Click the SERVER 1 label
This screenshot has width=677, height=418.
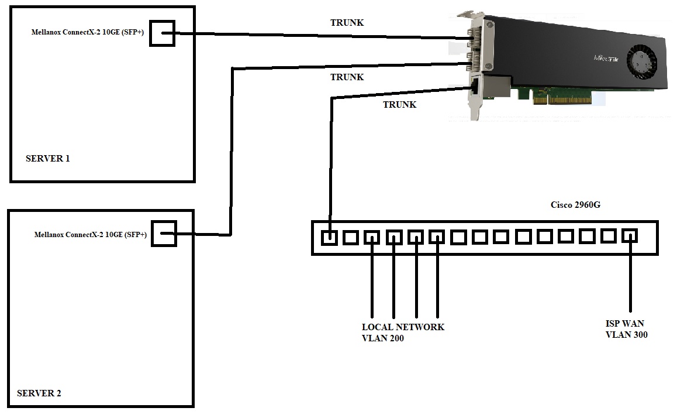pyautogui.click(x=48, y=158)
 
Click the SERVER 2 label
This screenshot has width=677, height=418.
pyautogui.click(x=39, y=393)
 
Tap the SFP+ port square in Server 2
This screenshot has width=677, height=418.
pyautogui.click(x=164, y=234)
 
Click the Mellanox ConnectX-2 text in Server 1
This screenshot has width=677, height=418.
pyautogui.click(x=88, y=33)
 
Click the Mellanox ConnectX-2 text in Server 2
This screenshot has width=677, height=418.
pyautogui.click(x=91, y=235)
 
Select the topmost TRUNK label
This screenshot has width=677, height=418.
pyautogui.click(x=347, y=23)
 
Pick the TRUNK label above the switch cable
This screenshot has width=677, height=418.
pyautogui.click(x=399, y=105)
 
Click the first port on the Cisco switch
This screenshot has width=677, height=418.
pyautogui.click(x=330, y=237)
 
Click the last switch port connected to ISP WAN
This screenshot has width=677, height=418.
pyautogui.click(x=630, y=236)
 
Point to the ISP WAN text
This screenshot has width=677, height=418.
pyautogui.click(x=624, y=324)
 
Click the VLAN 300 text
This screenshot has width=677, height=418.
pyautogui.click(x=626, y=335)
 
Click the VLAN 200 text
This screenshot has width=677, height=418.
pyautogui.click(x=382, y=338)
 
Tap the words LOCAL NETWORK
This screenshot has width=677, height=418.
pyautogui.click(x=403, y=327)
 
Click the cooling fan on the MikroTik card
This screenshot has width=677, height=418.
pyautogui.click(x=641, y=60)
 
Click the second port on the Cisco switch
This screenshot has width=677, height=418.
pyautogui.click(x=351, y=237)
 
